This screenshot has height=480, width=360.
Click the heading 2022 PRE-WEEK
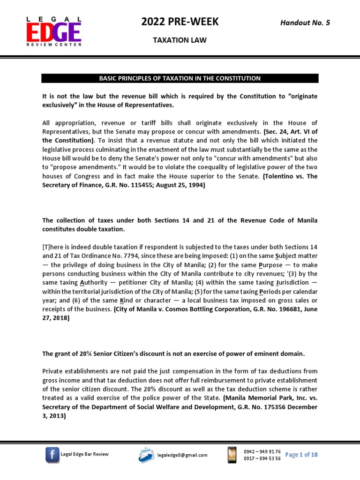180,22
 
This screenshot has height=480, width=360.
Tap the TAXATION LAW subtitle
180,41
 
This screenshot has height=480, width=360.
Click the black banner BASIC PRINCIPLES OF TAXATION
180,78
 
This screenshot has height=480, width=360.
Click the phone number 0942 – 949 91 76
262,451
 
